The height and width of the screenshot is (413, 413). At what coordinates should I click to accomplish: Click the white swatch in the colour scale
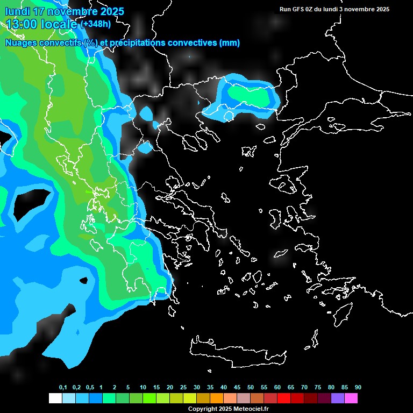55,398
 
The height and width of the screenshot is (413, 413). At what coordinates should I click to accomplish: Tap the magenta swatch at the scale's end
351,398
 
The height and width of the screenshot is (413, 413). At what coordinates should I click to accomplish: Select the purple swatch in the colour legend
338,398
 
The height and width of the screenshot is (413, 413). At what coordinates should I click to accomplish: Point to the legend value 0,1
63,388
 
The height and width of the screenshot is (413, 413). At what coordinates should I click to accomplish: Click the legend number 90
358,388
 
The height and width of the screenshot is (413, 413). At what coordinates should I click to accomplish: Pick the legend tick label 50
251,388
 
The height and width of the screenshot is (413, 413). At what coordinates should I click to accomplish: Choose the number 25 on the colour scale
183,388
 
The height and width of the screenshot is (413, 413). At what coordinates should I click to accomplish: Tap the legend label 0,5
90,388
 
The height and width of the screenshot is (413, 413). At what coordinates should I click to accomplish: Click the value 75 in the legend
318,388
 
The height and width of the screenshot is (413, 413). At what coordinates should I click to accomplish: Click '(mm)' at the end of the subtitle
230,43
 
